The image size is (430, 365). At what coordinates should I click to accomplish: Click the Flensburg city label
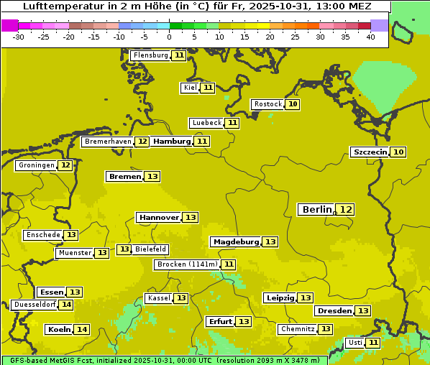[x=150, y=55]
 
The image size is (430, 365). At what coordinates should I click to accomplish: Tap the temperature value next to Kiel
[x=208, y=88]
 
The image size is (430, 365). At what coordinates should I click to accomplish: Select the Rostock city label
[x=267, y=104]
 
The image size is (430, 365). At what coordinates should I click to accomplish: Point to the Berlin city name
[x=316, y=209]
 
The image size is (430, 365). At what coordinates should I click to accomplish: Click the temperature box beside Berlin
[x=346, y=209]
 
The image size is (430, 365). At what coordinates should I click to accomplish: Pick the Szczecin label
[x=370, y=152]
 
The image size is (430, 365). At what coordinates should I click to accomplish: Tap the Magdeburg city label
[x=235, y=241]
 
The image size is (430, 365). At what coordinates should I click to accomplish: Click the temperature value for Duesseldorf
[x=66, y=305]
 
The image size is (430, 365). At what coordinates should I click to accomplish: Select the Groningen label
[x=36, y=165]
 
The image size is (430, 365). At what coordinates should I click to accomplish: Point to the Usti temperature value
[x=373, y=343]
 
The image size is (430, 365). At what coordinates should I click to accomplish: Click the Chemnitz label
[x=297, y=329]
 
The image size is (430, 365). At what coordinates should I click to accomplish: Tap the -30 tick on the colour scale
[x=19, y=37]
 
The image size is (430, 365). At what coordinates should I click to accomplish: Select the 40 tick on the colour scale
[x=370, y=37]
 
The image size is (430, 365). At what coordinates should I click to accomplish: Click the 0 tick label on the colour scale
[x=169, y=37]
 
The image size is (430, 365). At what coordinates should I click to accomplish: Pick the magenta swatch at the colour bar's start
[x=9, y=25]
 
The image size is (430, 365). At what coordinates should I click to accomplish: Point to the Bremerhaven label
[x=108, y=142]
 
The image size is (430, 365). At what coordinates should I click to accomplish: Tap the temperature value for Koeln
[x=82, y=329]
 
